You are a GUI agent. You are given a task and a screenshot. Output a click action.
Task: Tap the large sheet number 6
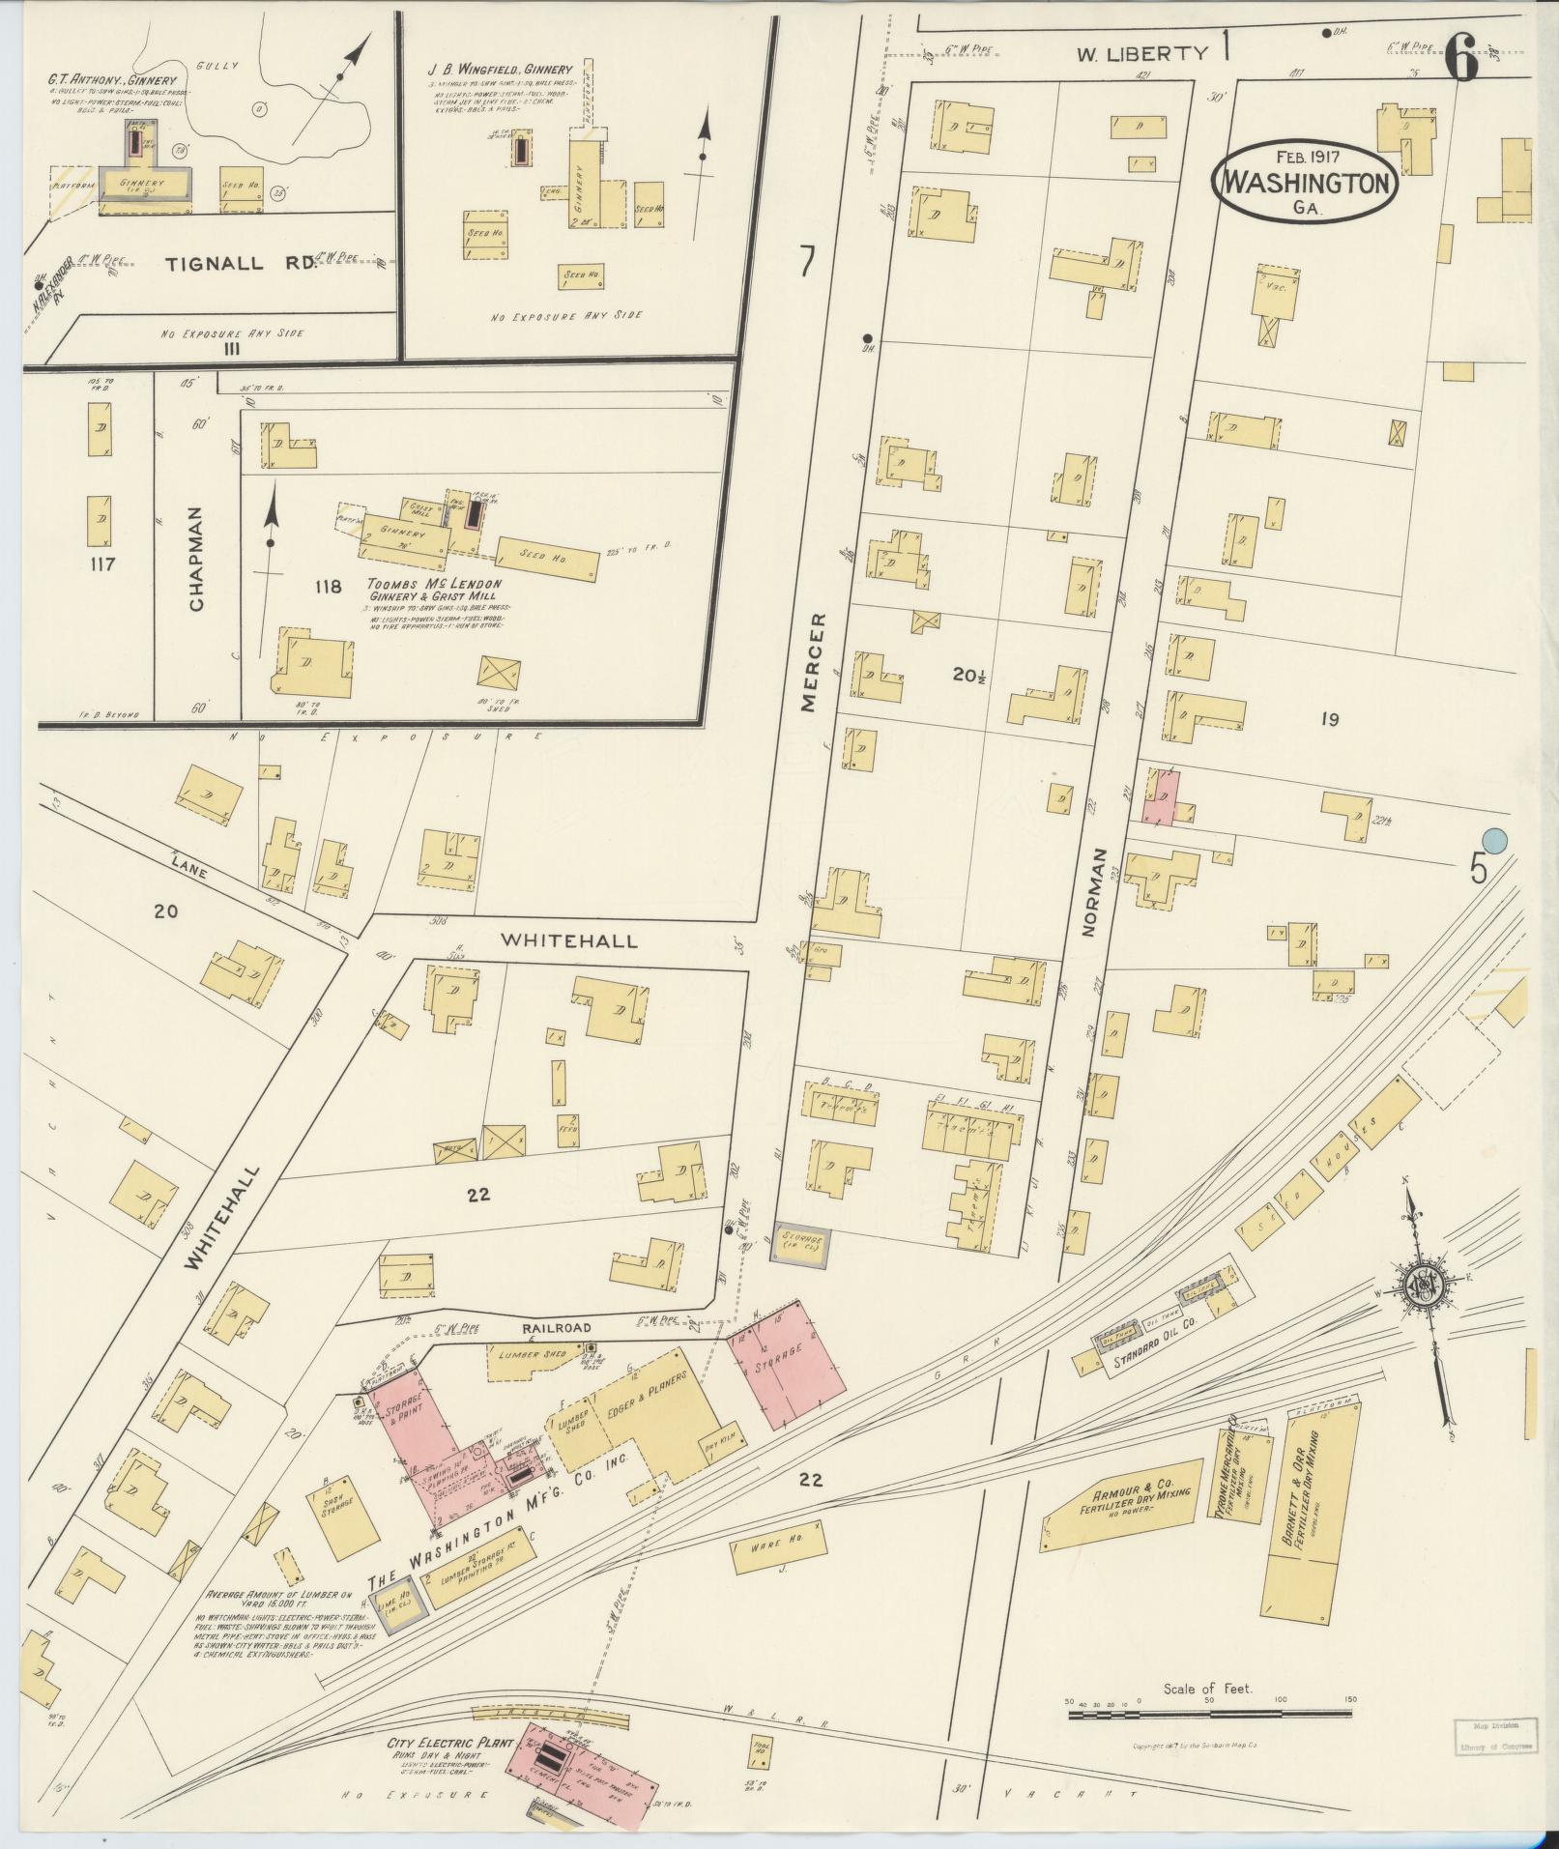tap(1461, 61)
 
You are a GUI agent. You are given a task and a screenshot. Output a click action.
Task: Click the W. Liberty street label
tap(1142, 54)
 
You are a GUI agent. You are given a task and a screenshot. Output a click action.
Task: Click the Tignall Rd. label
tap(241, 264)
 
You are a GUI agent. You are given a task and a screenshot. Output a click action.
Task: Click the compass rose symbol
tap(1428, 1285)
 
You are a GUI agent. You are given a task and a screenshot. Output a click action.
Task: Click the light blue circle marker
tap(1495, 841)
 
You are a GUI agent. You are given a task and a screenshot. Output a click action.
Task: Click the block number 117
tap(101, 563)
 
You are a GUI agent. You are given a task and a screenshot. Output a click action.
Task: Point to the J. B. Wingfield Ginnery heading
tap(500, 70)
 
